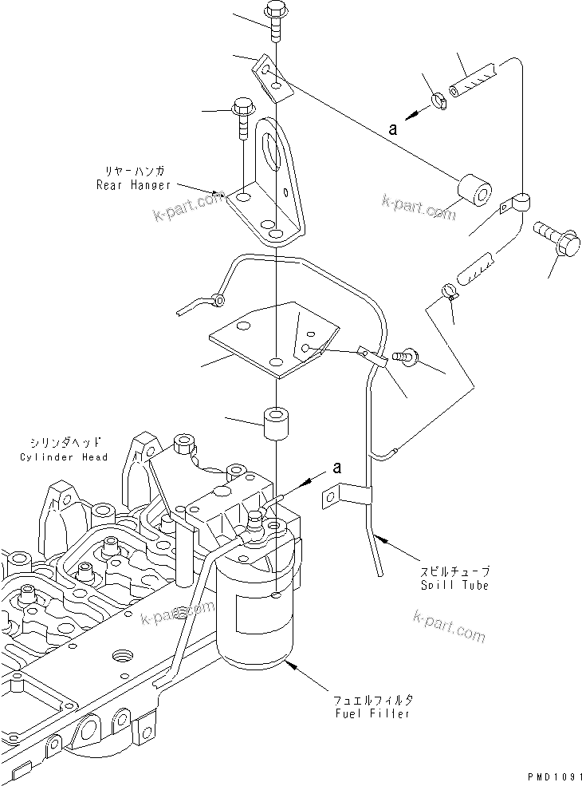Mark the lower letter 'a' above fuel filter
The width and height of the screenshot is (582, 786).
336,468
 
